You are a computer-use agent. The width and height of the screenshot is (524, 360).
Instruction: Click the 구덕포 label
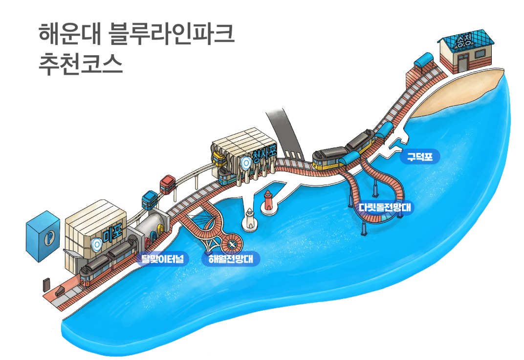click(x=419, y=157)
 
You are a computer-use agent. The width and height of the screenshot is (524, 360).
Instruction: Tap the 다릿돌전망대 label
click(x=386, y=208)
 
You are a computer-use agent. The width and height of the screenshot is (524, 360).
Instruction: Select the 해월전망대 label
click(x=231, y=258)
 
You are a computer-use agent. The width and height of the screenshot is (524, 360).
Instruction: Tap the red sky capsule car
click(x=168, y=183)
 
